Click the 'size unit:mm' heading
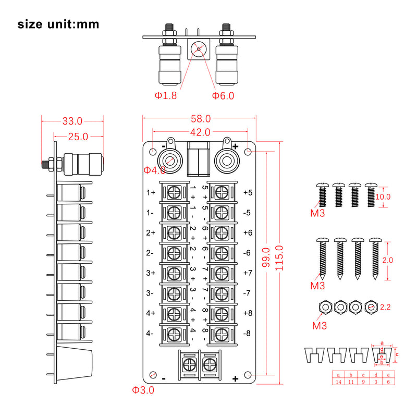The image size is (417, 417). click(58, 24)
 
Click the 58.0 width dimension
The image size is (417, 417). click(200, 119)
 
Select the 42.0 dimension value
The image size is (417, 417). click(200, 132)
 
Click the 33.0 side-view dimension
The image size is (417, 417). click(72, 121)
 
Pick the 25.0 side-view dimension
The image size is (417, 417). click(78, 137)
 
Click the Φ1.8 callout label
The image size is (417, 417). click(165, 96)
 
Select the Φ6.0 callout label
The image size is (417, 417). click(223, 96)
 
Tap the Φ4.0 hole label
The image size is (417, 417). click(155, 170)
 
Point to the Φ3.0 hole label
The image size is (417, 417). click(143, 390)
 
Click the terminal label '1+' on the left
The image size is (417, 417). click(151, 192)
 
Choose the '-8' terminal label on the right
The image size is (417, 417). click(248, 333)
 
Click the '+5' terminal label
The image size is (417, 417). click(248, 192)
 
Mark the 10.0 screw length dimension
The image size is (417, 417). click(383, 197)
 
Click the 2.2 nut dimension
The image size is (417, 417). click(385, 308)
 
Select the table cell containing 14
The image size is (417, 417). click(338, 382)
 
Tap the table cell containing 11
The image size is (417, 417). click(351, 382)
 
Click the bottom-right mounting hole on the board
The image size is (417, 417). click(248, 375)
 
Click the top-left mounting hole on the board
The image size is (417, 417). click(152, 152)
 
